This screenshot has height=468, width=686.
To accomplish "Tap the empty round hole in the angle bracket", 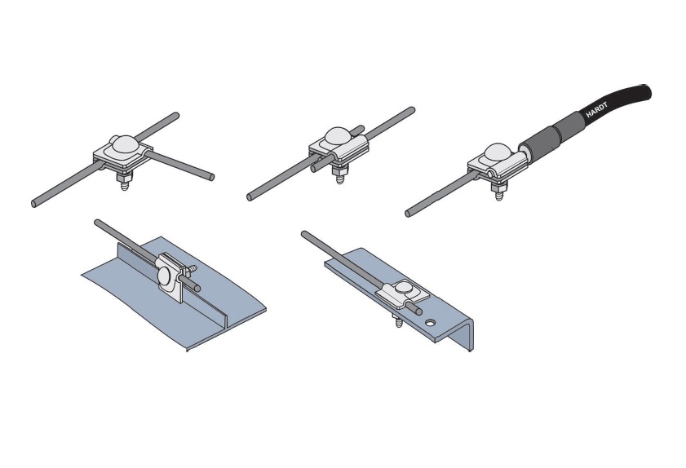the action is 431,323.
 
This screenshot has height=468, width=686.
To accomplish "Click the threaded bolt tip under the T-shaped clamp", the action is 124,187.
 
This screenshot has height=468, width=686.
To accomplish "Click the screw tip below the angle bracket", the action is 399,323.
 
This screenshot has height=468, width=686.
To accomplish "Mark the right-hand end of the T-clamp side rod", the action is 211,177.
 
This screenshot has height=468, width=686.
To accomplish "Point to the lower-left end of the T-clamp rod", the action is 34,203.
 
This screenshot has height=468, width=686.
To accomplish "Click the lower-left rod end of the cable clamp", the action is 408,214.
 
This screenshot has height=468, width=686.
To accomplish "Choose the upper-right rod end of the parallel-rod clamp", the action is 412,110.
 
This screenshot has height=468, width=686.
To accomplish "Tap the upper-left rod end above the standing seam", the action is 97,223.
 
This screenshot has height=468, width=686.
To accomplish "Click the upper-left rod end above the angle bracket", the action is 304,234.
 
